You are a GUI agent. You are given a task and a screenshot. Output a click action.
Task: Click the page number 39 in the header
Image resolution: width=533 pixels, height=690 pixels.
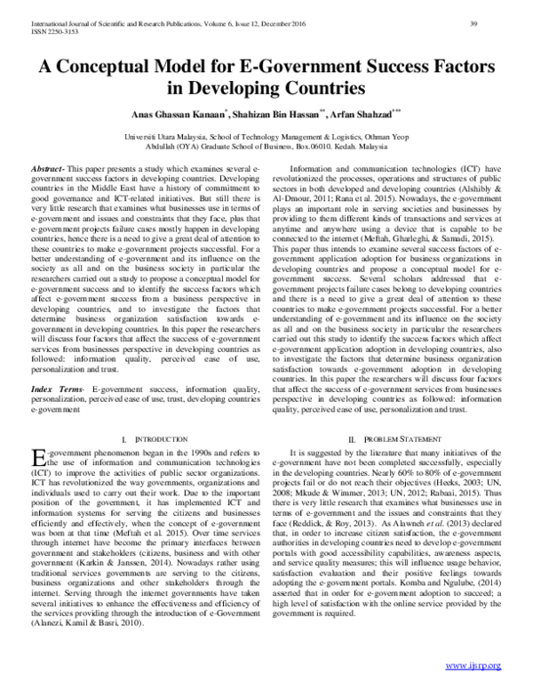coord(499,10)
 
